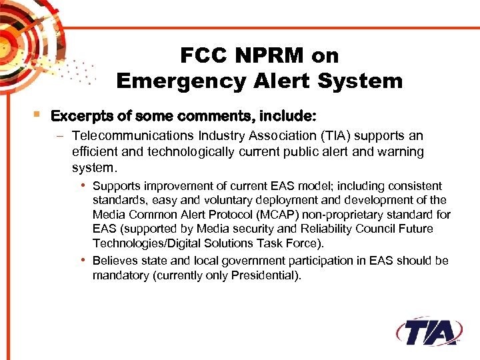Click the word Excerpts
[82, 116]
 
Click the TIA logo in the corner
[429, 331]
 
